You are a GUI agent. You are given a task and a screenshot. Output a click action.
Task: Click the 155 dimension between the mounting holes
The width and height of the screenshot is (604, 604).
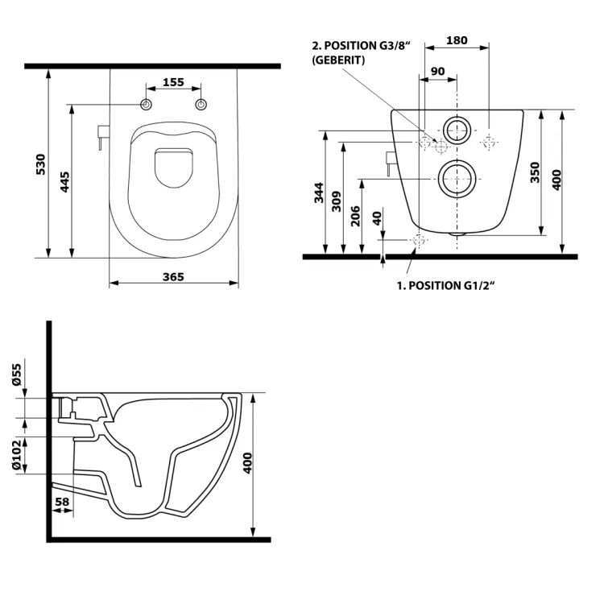pos(173,81)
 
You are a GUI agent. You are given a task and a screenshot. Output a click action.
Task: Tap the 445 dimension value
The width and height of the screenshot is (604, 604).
pos(63,182)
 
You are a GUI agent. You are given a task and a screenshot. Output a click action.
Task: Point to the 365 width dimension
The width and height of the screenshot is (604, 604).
pos(173,276)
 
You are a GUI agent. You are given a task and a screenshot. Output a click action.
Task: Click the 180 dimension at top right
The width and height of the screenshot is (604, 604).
pos(457,40)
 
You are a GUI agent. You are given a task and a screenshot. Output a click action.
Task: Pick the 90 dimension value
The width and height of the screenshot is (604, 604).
pos(437,71)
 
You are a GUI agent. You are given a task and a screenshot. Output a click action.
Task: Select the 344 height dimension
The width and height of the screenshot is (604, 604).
pos(318,193)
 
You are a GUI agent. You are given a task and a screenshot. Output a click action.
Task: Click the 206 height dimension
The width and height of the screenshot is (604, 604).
pos(357,216)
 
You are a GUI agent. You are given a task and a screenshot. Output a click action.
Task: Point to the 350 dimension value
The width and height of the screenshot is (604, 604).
pos(535,172)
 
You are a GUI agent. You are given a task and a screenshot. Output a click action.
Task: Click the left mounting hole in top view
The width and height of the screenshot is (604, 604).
pos(146,105)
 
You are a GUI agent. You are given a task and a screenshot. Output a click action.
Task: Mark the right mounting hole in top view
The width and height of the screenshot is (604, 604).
pos(201,105)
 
